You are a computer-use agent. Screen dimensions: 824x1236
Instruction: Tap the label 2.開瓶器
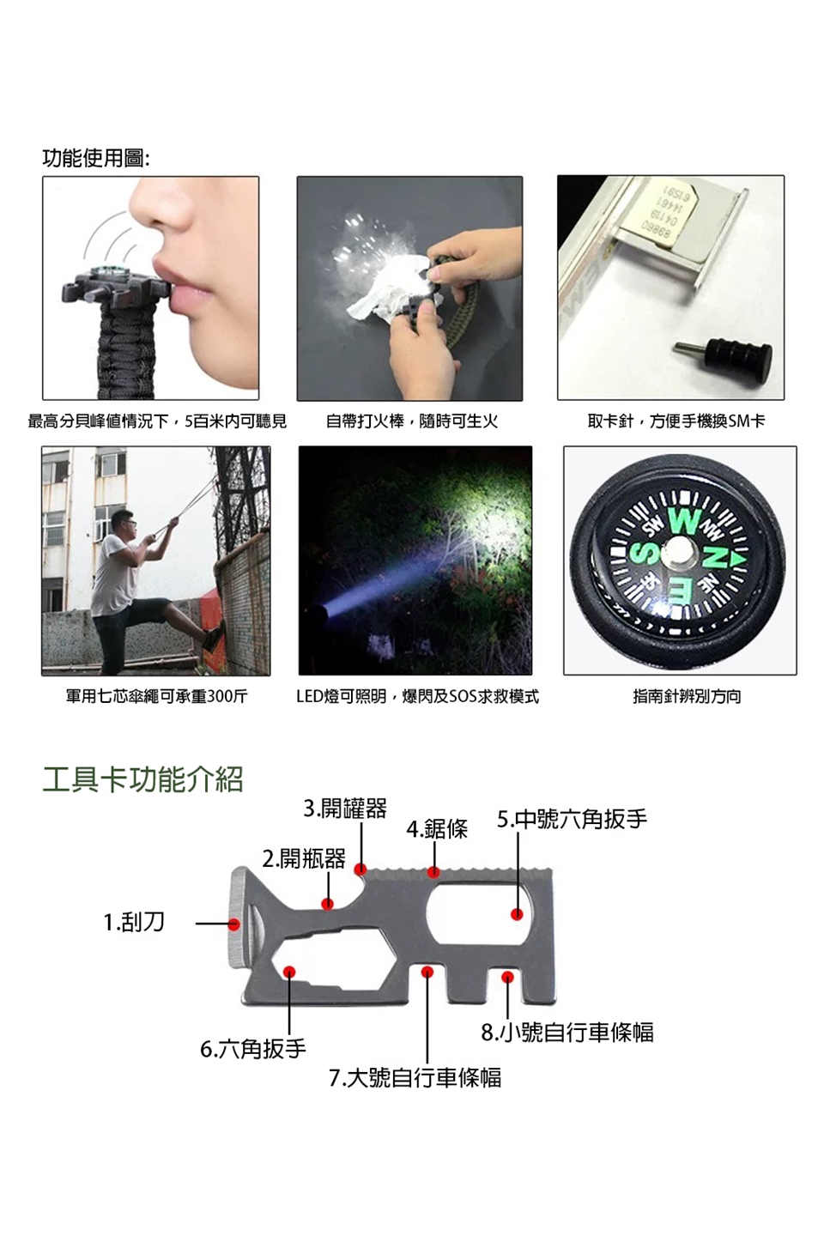[304, 858]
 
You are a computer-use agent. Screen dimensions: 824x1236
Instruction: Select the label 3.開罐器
[345, 809]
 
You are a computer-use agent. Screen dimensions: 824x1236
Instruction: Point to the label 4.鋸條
[437, 829]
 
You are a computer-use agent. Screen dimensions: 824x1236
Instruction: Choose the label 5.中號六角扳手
[572, 820]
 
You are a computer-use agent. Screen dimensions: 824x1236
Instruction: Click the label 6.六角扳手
[252, 1048]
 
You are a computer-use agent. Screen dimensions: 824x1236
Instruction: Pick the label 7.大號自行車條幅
[415, 1077]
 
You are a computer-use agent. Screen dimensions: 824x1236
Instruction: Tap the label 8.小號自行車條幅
[567, 1032]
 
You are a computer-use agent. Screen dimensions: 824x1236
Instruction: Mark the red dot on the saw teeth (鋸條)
[433, 872]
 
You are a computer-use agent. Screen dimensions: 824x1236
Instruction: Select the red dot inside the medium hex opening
[517, 914]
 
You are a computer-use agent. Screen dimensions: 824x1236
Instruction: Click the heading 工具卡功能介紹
[142, 779]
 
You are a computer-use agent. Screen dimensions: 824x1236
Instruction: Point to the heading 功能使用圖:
[96, 159]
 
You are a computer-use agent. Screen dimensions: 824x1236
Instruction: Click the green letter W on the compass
[683, 520]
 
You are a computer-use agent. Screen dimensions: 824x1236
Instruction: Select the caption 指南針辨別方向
[687, 696]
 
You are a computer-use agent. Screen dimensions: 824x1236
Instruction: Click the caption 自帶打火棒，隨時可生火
[412, 421]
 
